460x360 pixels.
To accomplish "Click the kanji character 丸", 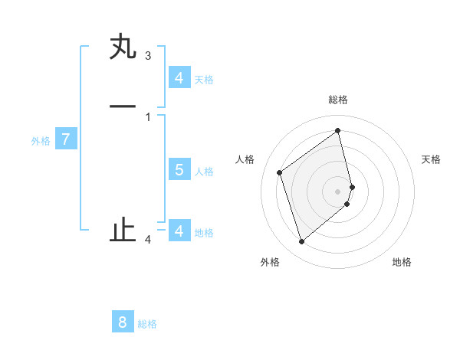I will point(123,47).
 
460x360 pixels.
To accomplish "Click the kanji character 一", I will point(123,106).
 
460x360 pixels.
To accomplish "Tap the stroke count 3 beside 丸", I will point(148,56).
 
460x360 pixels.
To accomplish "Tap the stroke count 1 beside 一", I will point(148,117).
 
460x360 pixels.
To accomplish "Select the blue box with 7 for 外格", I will point(66,140).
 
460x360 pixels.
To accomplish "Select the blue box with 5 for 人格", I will point(179,170).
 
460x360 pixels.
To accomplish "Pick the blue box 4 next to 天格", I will point(179,77).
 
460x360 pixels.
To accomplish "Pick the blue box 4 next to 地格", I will point(179,231).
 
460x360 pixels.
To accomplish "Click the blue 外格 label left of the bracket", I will point(41,141).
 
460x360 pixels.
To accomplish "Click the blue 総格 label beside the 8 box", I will point(147,324).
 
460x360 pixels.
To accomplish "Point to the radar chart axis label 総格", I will point(338,100).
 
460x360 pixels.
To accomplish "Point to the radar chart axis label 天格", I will point(431,159).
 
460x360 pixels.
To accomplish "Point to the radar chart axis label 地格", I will point(402,262).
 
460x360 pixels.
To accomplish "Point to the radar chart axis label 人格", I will point(245,159).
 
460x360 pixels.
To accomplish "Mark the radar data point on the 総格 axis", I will point(338,129).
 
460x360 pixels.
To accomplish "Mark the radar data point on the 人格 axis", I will point(280,172).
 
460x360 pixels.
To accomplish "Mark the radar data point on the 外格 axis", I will point(301,242).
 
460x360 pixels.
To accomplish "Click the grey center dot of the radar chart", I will point(338,191).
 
